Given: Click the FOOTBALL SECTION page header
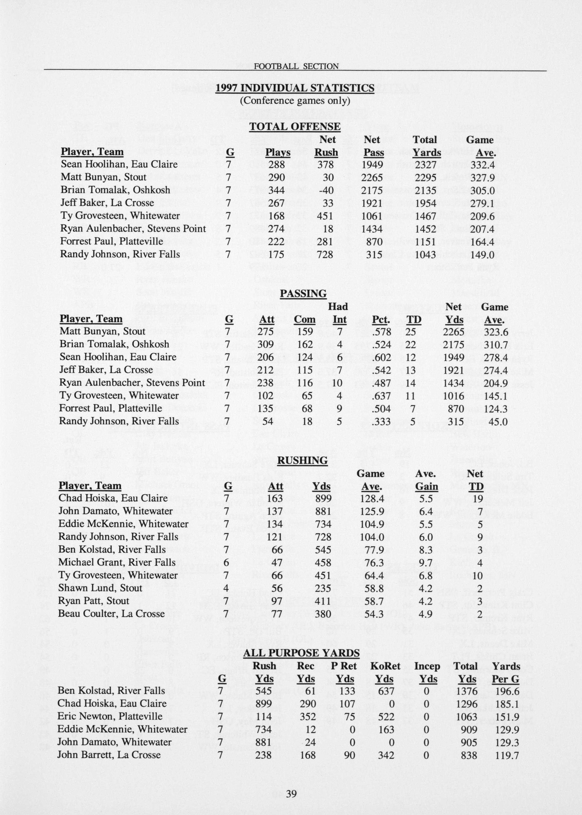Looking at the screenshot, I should (296, 66).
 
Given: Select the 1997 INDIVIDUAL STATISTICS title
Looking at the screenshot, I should (295, 88).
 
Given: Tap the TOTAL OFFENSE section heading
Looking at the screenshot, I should (295, 126).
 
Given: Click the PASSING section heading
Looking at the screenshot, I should (303, 294).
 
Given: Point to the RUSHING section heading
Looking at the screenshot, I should (303, 460).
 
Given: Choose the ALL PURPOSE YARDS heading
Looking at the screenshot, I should (301, 653).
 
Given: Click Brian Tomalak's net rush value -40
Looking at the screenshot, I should (326, 190).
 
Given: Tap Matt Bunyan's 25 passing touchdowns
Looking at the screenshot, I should (411, 332).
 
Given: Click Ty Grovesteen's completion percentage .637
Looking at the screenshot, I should (381, 396).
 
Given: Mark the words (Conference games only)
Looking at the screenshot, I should (295, 100).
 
